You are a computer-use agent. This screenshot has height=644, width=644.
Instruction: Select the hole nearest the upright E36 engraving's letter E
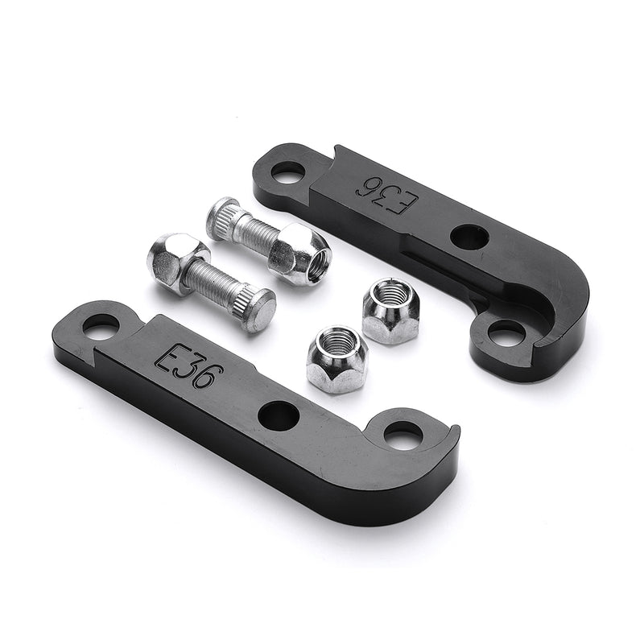point(101,327)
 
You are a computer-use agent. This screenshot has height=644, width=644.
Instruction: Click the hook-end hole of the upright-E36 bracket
point(403,435)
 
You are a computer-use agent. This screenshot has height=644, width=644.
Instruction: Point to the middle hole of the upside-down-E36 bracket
point(469,236)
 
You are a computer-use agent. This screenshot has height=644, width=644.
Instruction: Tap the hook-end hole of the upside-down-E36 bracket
point(506,333)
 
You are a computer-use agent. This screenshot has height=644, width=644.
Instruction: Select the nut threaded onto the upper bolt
point(298,254)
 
